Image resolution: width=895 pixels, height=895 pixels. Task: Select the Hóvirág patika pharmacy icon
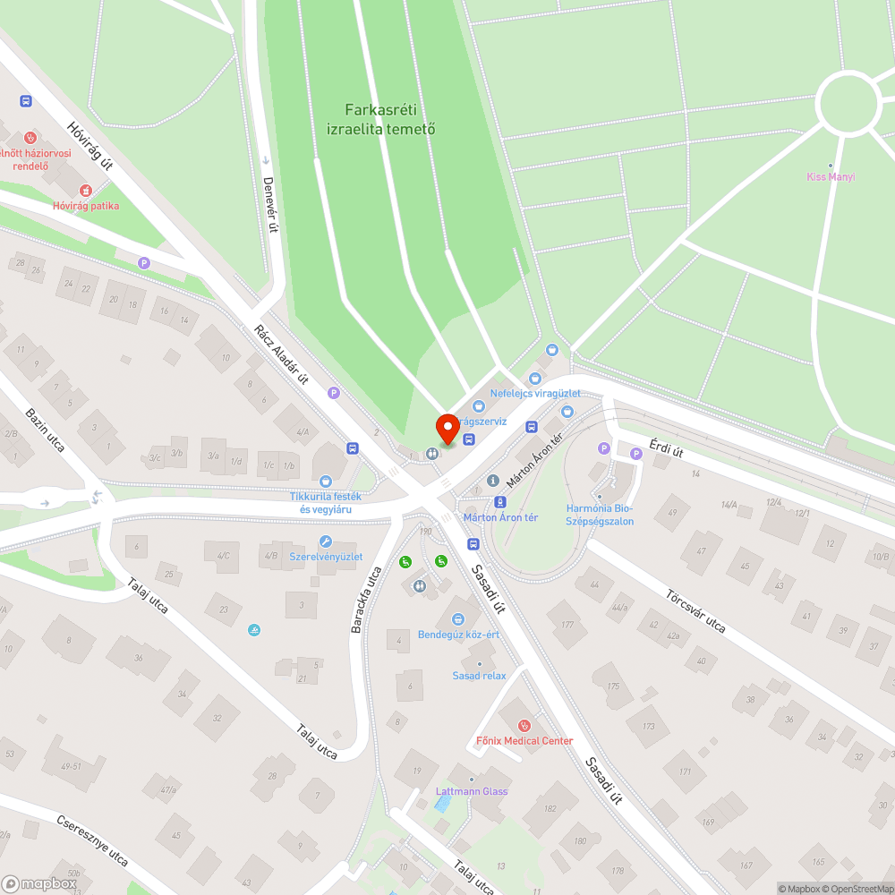(86, 190)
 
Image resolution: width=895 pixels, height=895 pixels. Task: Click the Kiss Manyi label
(831, 176)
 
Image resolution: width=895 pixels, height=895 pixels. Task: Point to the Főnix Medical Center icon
(524, 725)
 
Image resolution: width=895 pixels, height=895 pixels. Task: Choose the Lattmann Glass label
(472, 791)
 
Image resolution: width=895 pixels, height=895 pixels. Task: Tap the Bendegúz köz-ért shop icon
(458, 618)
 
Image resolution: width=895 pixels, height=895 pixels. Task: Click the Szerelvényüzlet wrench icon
(326, 541)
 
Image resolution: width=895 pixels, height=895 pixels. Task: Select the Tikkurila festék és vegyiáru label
(326, 503)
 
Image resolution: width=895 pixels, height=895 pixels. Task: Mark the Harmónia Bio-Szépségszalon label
(600, 515)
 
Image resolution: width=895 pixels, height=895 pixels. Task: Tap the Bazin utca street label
(45, 430)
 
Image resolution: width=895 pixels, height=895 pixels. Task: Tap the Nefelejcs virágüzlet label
(535, 394)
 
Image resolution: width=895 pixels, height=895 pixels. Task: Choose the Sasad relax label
(479, 676)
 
